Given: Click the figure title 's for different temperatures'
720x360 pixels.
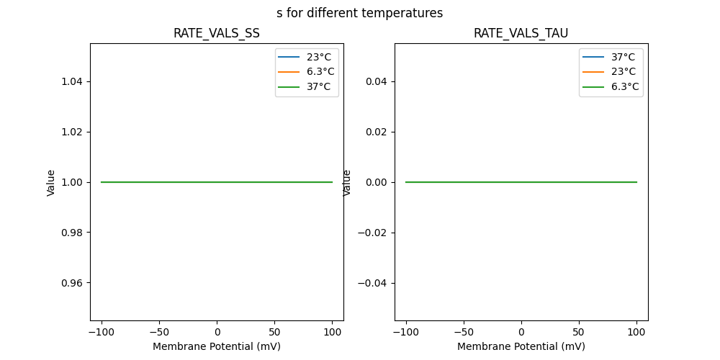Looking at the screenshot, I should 359,13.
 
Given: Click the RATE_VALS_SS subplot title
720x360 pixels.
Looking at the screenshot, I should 216,33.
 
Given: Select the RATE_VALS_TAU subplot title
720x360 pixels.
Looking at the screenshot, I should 521,33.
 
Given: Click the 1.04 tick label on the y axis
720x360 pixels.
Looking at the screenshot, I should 73,82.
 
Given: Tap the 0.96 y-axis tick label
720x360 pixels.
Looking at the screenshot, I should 73,283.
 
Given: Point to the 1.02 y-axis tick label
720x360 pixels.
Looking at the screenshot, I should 73,132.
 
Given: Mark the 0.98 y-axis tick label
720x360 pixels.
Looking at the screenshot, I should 73,233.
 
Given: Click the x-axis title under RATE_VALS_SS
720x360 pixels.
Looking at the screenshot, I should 216,346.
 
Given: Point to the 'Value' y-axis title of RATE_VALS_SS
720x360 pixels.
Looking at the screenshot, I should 51,182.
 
